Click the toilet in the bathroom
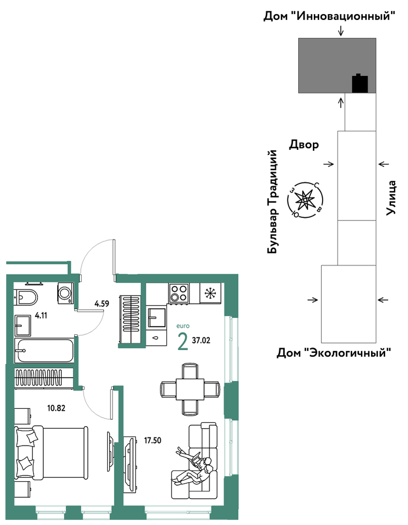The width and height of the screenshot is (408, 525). [26, 297]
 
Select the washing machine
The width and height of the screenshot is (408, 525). [66, 293]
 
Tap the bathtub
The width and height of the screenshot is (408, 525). [44, 350]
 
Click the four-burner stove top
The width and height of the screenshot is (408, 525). [179, 293]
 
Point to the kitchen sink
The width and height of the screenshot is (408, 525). [157, 317]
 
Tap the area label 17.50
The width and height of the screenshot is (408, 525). [153, 440]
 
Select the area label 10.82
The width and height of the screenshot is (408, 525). [56, 408]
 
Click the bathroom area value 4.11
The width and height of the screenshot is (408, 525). [41, 315]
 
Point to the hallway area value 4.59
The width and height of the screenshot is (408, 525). [102, 304]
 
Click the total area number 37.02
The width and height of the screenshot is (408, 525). [201, 341]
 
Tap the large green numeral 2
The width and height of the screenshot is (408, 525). [183, 342]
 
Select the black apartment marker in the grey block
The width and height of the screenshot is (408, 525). [360, 83]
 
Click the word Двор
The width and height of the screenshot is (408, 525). [304, 145]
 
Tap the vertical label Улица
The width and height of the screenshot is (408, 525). [391, 198]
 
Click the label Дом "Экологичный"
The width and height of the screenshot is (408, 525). [334, 353]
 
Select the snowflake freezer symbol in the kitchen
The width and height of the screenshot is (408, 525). [210, 293]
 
